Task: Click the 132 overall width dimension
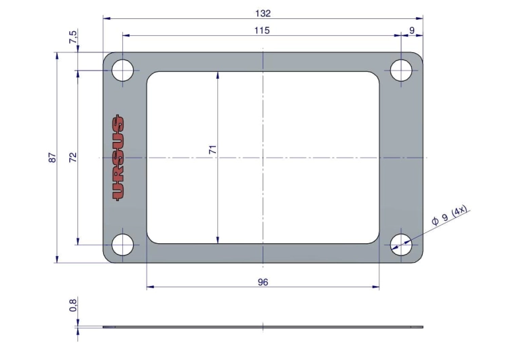click(263, 14)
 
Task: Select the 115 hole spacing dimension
click(262, 31)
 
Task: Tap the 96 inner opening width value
click(263, 282)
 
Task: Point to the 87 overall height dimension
click(53, 158)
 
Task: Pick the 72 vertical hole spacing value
click(73, 158)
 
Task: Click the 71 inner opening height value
click(212, 150)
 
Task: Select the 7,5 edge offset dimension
click(73, 37)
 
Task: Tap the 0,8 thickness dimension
click(73, 306)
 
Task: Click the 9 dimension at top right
click(412, 30)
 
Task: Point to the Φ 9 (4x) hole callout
click(449, 215)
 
